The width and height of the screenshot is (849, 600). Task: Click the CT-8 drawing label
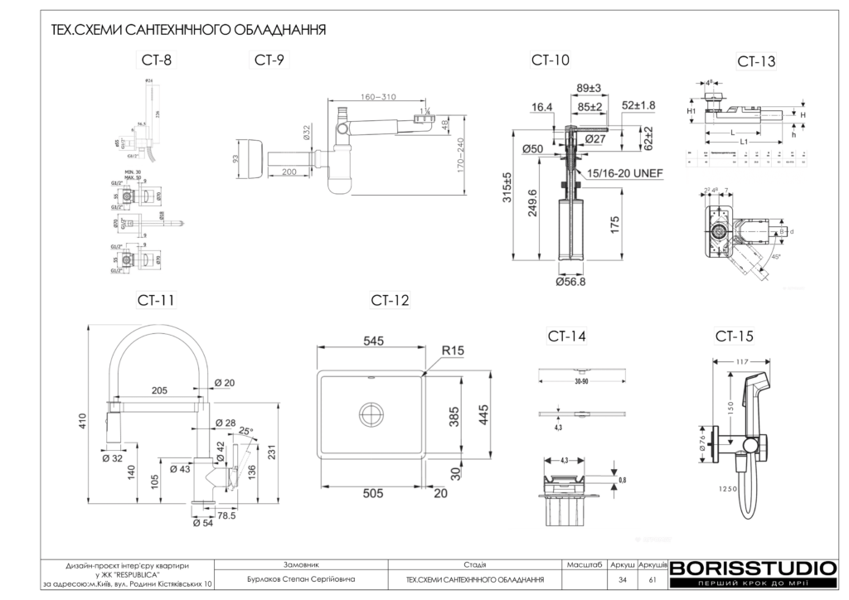tap(158, 59)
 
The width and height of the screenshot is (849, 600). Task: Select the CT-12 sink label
tap(390, 300)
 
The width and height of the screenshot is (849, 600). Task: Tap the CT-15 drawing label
tap(735, 336)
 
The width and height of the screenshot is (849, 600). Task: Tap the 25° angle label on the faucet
tap(245, 431)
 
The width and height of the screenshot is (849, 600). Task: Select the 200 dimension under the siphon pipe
tap(289, 172)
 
